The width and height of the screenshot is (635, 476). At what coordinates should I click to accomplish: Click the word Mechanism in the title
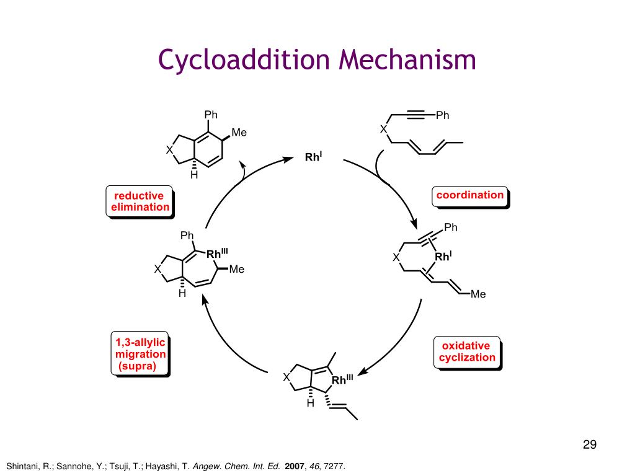point(407,60)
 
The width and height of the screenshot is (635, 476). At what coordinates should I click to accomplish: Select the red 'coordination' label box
point(469,196)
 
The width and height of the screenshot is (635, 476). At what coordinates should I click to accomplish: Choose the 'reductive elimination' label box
point(140,201)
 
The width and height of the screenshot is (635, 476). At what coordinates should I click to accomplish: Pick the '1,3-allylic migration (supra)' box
point(140,355)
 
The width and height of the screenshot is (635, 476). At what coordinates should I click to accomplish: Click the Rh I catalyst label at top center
point(313,157)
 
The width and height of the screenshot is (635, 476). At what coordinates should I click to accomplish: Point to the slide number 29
point(589,444)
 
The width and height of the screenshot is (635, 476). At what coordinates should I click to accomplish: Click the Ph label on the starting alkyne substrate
point(442,115)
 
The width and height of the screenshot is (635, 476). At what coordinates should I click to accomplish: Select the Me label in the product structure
point(239,132)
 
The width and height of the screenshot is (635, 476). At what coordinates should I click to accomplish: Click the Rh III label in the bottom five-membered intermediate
point(342,379)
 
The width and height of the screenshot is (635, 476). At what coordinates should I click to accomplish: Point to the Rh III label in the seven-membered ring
point(217,253)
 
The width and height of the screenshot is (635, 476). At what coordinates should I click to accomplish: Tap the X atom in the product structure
point(169,149)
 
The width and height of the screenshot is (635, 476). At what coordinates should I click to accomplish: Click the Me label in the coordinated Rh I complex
point(477,294)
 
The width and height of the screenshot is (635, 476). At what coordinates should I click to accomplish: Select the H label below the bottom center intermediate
point(311,403)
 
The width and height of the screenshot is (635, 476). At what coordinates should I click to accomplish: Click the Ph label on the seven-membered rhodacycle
point(187,236)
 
